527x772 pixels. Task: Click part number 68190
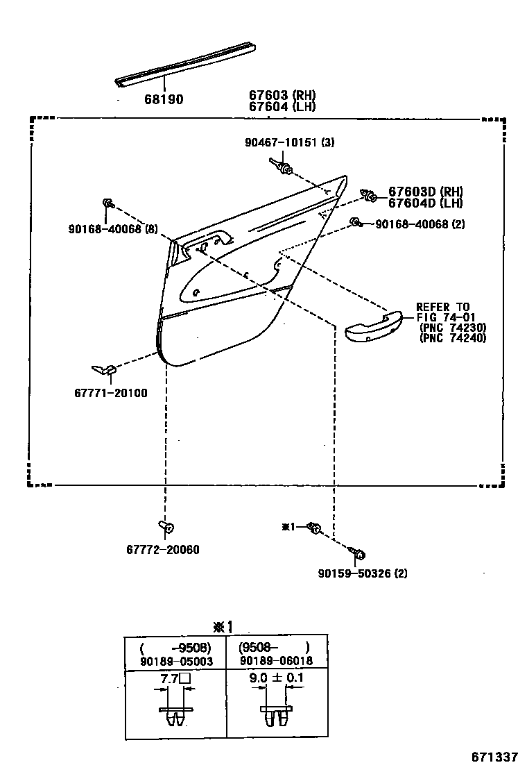(x=164, y=100)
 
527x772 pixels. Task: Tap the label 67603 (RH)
(x=282, y=96)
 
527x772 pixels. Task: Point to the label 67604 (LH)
(x=282, y=107)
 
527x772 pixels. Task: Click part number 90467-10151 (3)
(x=289, y=143)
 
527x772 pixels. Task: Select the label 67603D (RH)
(x=425, y=192)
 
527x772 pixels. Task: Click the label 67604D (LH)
(x=425, y=203)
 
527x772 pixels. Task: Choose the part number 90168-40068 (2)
(x=420, y=224)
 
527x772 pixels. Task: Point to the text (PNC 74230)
(x=453, y=328)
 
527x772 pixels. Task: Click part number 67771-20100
(x=110, y=393)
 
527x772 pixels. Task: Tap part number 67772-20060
(x=162, y=550)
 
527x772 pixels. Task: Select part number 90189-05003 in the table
(x=176, y=662)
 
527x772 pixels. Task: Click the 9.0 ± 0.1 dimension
(x=275, y=678)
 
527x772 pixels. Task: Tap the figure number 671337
(x=495, y=756)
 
